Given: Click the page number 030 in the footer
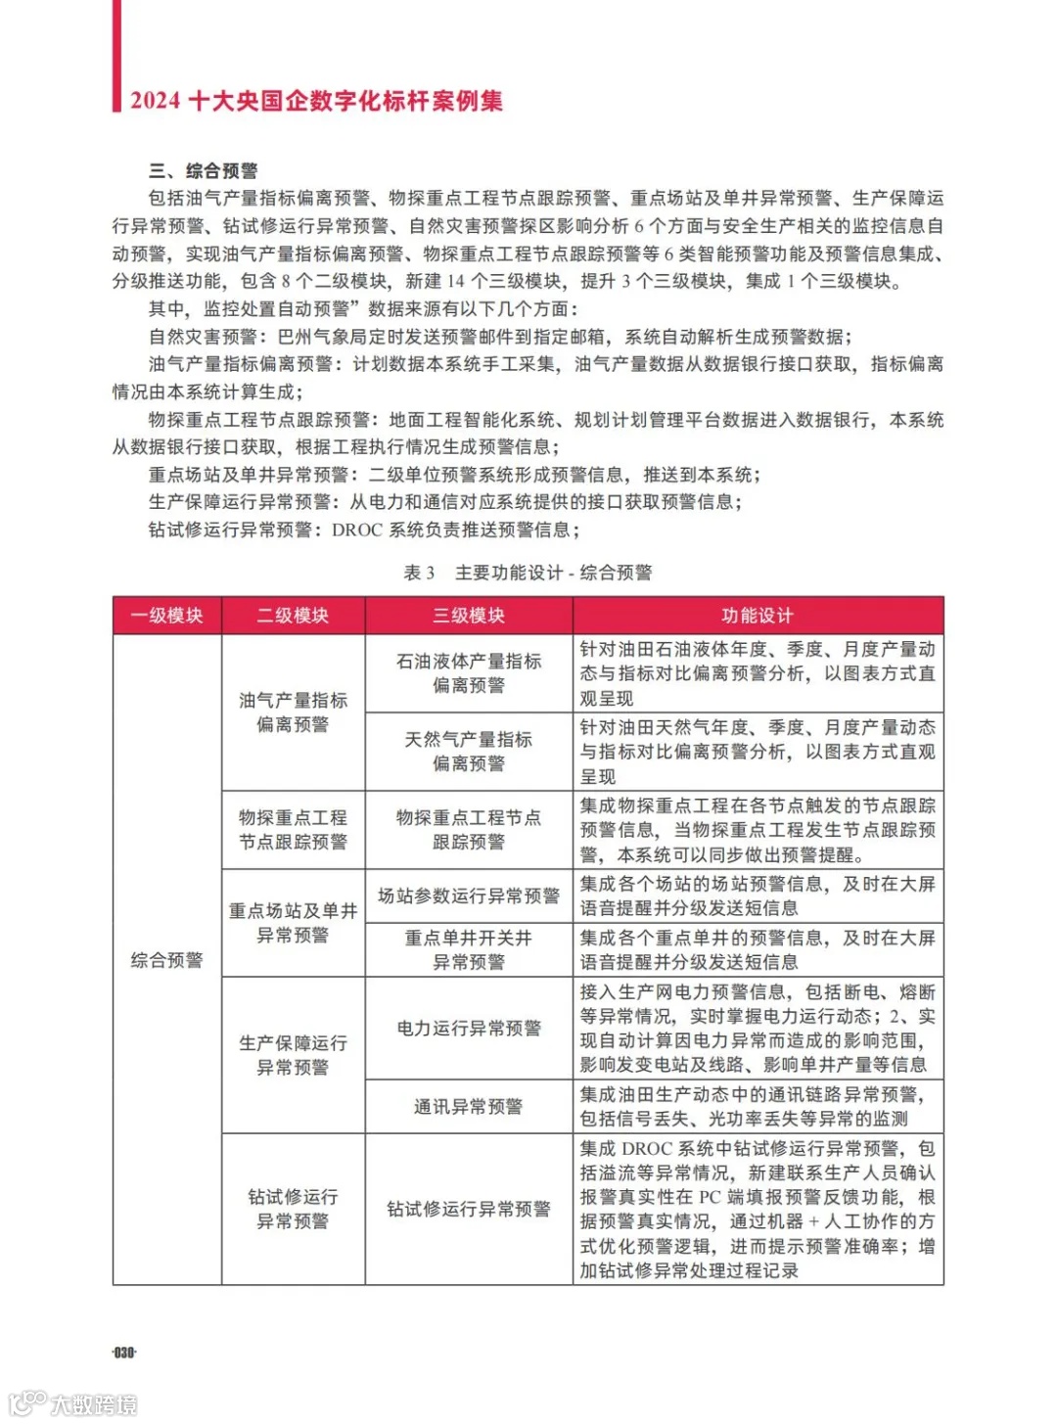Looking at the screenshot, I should pyautogui.click(x=124, y=1352).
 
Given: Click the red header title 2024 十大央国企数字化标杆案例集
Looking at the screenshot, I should pyautogui.click(x=316, y=101).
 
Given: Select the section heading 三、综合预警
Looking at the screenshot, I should pyautogui.click(x=204, y=171).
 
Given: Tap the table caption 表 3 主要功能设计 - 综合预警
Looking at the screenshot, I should pyautogui.click(x=528, y=573).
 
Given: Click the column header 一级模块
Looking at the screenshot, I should pyautogui.click(x=166, y=616).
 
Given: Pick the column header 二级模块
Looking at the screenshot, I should pyautogui.click(x=293, y=616).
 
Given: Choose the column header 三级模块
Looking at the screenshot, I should pyautogui.click(x=469, y=616).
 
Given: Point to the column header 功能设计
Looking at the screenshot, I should pyautogui.click(x=758, y=616).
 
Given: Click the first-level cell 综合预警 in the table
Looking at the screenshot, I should pyautogui.click(x=166, y=960).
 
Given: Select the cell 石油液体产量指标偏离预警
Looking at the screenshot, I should pyautogui.click(x=469, y=673).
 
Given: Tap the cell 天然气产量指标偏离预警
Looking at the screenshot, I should pyautogui.click(x=469, y=752).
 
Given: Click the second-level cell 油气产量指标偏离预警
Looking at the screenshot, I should pyautogui.click(x=293, y=712).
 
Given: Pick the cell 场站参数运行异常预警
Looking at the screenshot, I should pyautogui.click(x=469, y=896).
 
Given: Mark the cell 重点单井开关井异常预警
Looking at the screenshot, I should pyautogui.click(x=469, y=949).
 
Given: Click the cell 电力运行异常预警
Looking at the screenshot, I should pyautogui.click(x=469, y=1028).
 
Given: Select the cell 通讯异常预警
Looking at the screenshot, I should pyautogui.click(x=469, y=1107).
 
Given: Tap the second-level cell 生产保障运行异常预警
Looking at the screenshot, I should pyautogui.click(x=293, y=1055).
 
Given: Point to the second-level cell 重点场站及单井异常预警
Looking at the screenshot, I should pyautogui.click(x=293, y=923).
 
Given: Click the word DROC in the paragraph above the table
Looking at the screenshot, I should pyautogui.click(x=357, y=530).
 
